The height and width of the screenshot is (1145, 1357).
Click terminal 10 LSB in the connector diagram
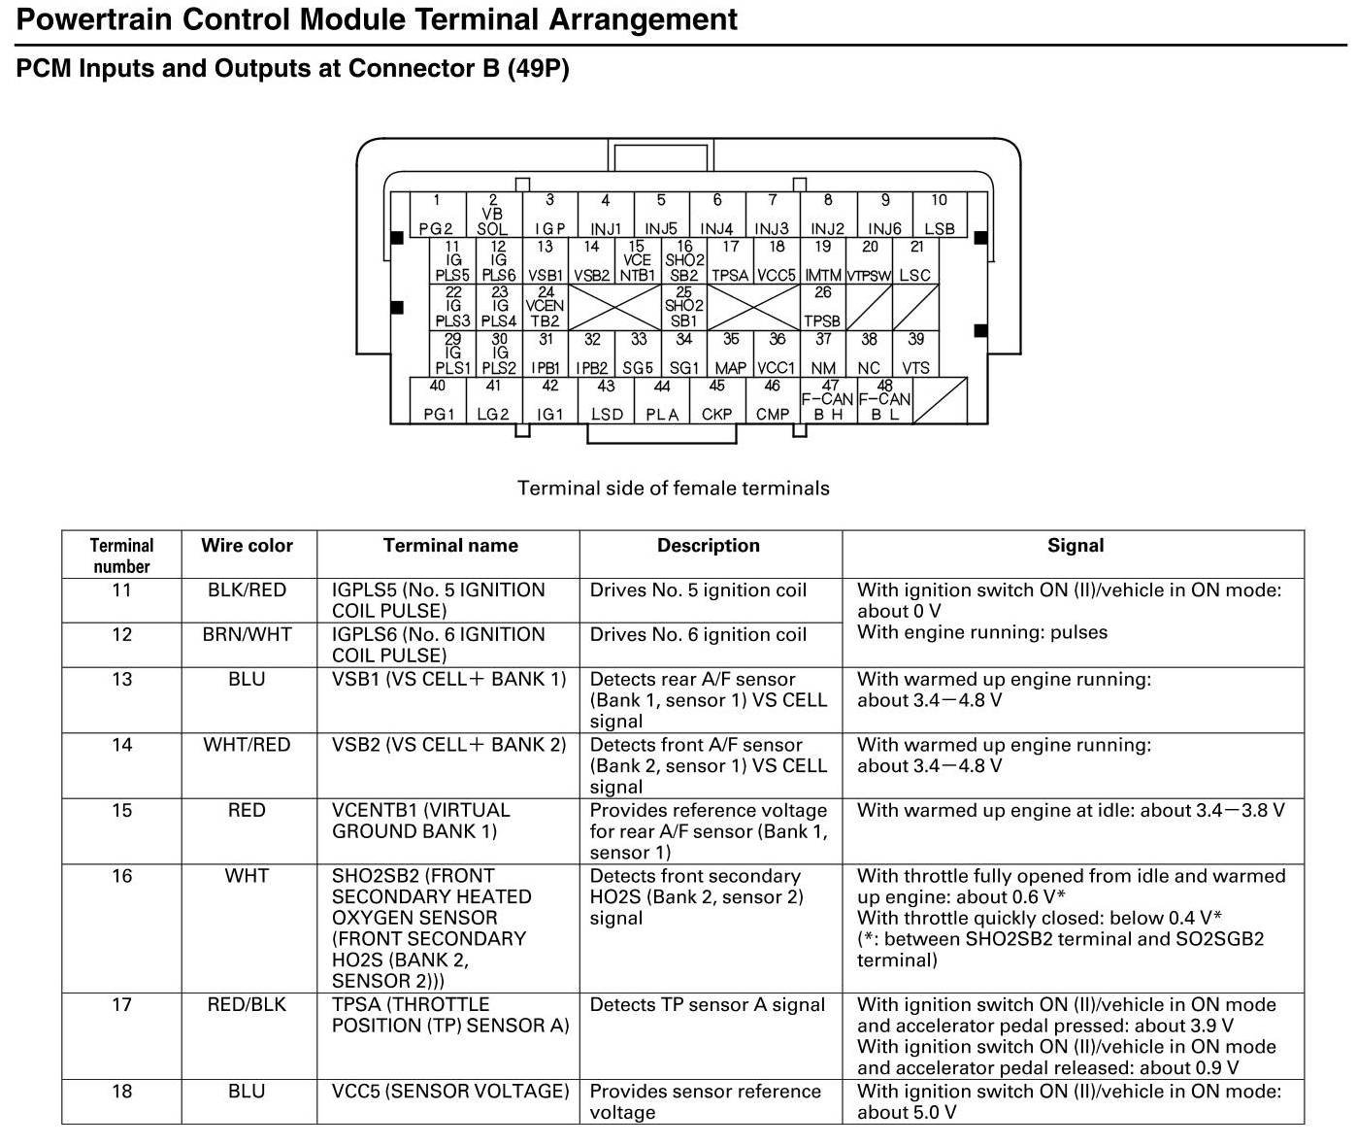click(939, 215)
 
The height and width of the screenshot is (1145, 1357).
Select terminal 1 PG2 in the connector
click(437, 215)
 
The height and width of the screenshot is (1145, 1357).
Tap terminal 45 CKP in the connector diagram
click(716, 400)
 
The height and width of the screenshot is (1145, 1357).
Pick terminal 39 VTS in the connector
click(915, 354)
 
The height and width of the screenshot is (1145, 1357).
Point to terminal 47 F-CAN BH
click(828, 400)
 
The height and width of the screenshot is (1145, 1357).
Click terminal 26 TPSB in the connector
click(822, 307)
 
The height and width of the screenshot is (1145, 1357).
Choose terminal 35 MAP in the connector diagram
click(730, 354)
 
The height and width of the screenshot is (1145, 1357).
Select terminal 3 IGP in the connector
click(549, 215)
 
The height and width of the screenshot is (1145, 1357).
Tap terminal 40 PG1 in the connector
click(439, 400)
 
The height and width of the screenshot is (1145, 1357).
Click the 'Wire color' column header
click(247, 546)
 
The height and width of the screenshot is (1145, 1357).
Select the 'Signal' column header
click(1075, 546)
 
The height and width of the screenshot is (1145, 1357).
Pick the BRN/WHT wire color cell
click(247, 634)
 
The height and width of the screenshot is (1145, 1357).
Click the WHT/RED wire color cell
click(247, 745)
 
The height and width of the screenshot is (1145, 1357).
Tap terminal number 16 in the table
click(121, 876)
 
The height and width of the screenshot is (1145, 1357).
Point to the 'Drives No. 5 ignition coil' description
click(698, 590)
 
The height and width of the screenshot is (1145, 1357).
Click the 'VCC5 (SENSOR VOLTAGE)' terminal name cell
click(450, 1092)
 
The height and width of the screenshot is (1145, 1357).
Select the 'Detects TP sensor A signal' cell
click(707, 1005)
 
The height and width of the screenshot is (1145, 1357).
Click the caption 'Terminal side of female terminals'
click(673, 488)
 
